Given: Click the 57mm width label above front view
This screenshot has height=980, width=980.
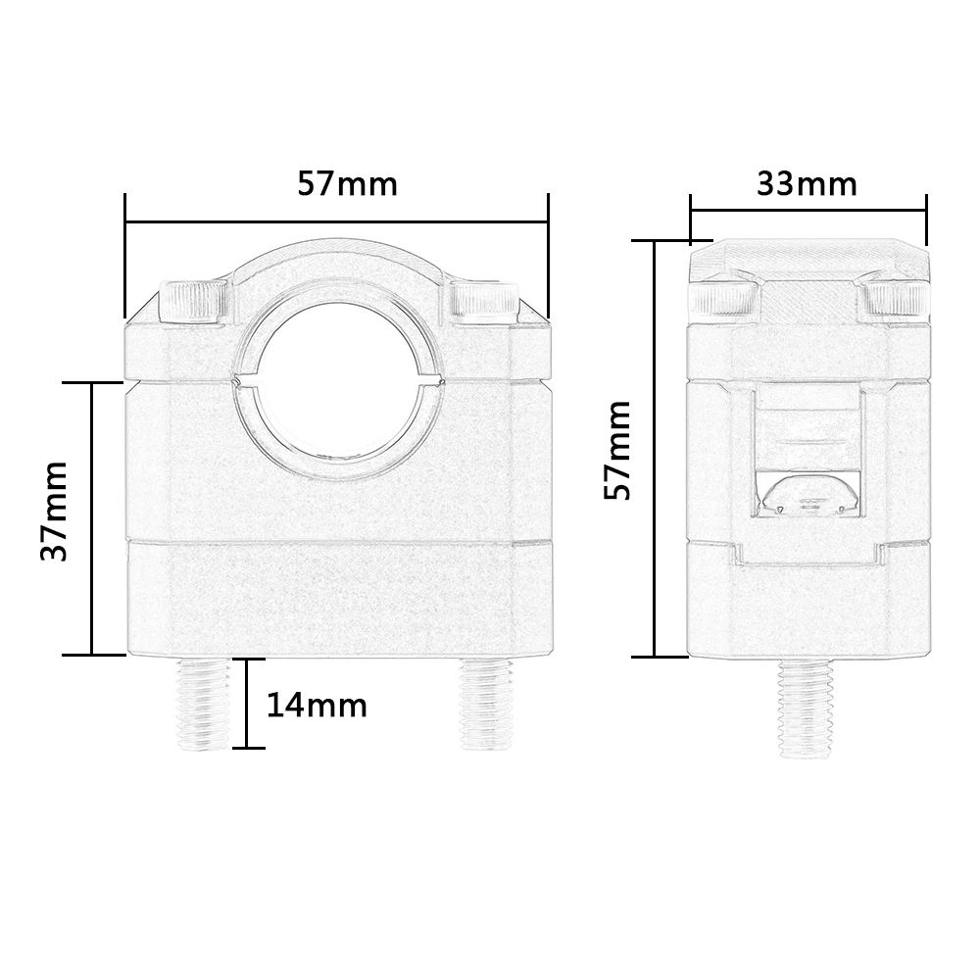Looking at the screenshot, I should pos(347,183).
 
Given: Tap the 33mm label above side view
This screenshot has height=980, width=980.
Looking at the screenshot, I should pos(807,183).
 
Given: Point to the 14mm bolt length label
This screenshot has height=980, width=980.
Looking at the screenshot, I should pos(317,705).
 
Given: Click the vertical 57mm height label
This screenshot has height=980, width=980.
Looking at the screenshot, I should pos(617,451).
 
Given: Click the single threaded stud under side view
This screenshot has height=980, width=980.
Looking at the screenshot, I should pos(808,706).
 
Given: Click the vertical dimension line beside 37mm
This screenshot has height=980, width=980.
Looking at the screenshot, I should pos(91,517).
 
